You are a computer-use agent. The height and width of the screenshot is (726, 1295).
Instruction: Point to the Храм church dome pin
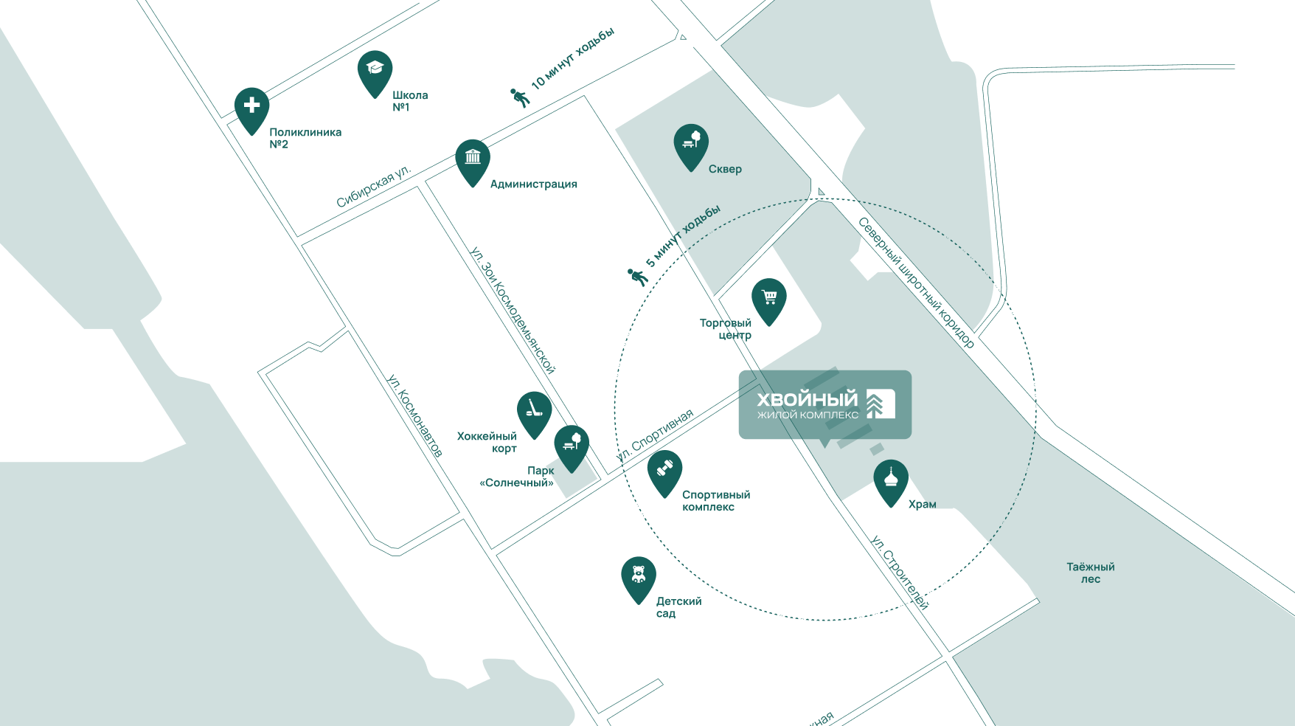point(891,480)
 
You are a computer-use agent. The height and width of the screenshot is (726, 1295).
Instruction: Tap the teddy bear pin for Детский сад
point(639,576)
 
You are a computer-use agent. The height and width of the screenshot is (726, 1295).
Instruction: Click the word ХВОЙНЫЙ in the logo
point(808,399)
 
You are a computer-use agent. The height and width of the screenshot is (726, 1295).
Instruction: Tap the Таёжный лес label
point(1091,573)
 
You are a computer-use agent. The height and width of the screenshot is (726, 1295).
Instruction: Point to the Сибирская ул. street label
point(372,188)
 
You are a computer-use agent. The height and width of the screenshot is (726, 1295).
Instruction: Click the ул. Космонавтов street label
point(415,415)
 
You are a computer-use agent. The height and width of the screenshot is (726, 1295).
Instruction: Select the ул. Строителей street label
point(900,572)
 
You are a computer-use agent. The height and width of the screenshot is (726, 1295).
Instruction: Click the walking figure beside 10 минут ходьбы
point(520,97)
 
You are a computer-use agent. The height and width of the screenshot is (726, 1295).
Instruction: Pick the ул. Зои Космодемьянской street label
point(513,310)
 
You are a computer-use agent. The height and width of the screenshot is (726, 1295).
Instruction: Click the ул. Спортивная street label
point(654,435)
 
